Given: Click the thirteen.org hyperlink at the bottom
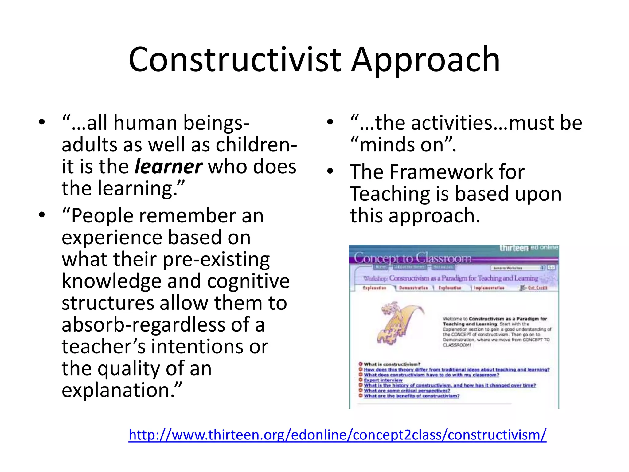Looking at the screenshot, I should coord(337,435).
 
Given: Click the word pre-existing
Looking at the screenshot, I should coord(216,259).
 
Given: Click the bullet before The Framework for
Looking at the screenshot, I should coord(330,171).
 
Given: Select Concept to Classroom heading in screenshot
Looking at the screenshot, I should coord(412,258).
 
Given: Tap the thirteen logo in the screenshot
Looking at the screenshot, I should coord(514,248).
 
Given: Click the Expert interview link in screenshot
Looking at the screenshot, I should coord(383,380).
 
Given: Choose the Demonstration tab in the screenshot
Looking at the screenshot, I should coord(413,288).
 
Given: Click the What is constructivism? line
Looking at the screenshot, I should coord(392,364).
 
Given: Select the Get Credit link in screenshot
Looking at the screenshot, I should coord(537,288).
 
